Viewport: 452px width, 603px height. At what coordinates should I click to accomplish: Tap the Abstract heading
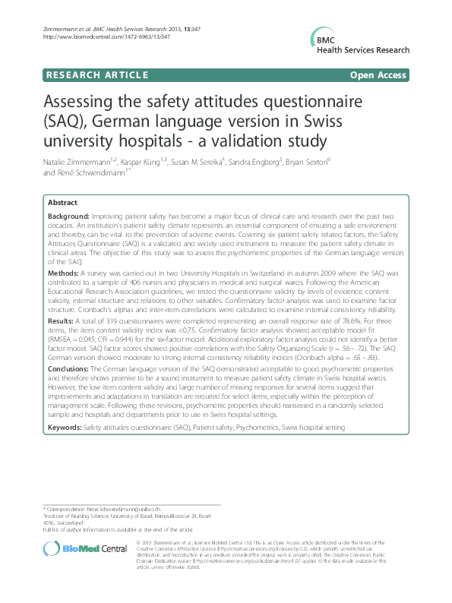point(62,203)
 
